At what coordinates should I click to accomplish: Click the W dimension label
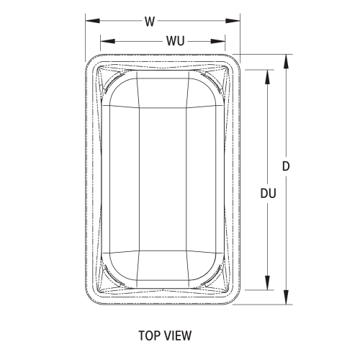[149, 21]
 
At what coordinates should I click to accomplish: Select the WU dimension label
[174, 40]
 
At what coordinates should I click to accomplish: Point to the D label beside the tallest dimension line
[286, 166]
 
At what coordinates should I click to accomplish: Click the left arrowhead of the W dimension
[90, 21]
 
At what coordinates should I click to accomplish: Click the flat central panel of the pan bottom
[163, 180]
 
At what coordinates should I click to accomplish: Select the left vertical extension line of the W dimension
[86, 36]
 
